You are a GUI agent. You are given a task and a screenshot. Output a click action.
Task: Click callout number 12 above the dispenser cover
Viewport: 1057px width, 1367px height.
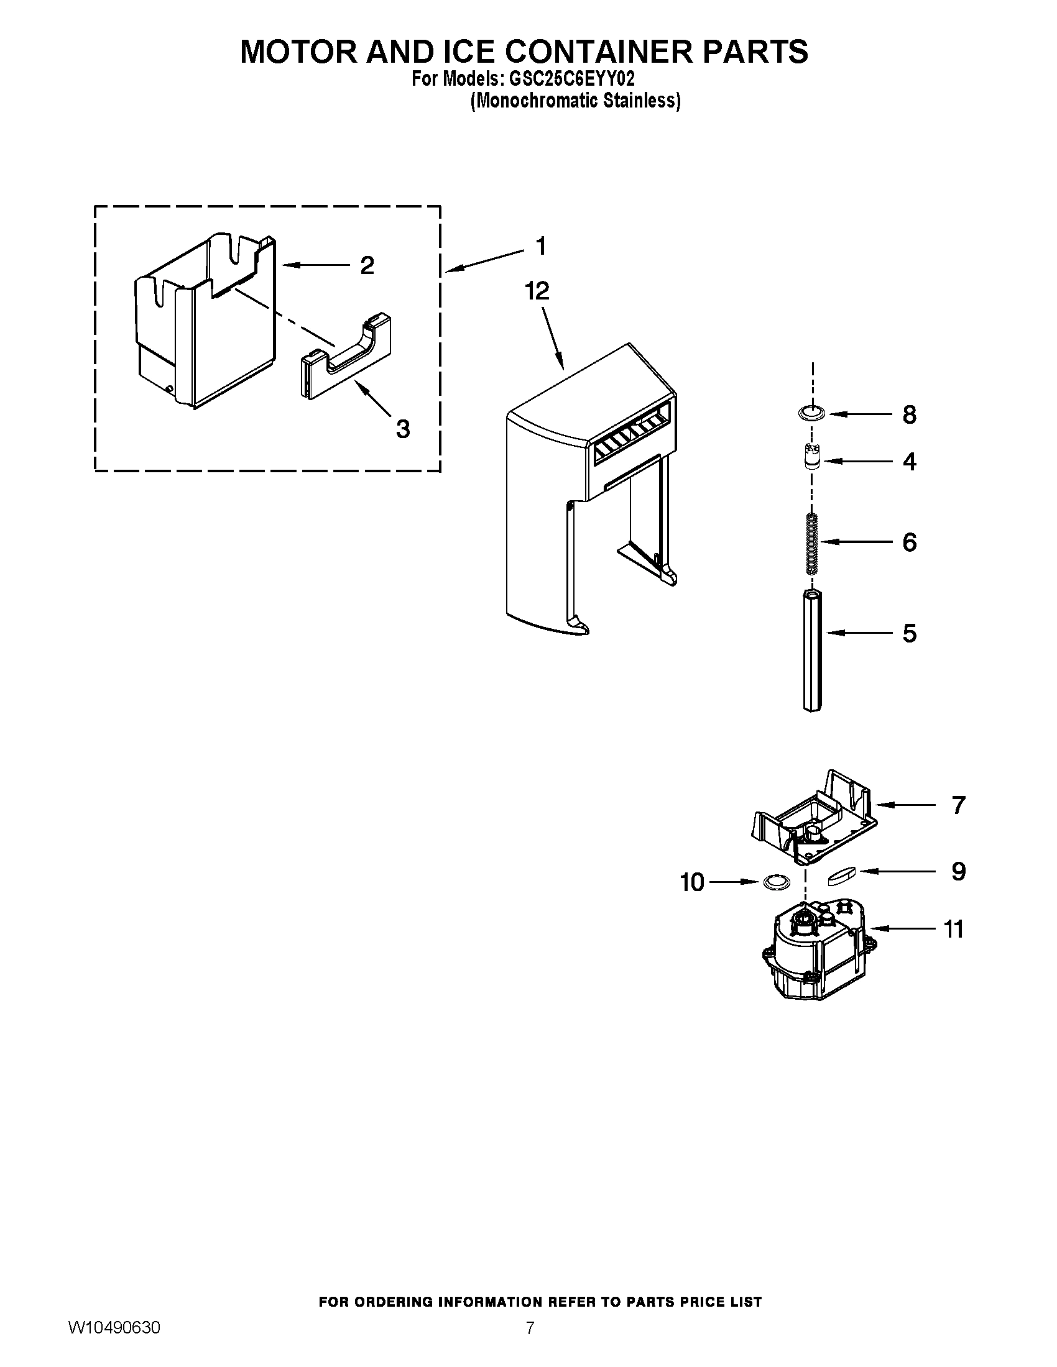point(537,291)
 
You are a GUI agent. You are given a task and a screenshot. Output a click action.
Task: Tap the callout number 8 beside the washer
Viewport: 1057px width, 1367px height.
point(909,414)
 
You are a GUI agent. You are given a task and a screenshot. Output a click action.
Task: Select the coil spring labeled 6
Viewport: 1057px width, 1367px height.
point(811,542)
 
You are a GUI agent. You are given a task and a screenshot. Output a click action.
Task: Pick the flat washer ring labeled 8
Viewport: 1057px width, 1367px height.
point(811,413)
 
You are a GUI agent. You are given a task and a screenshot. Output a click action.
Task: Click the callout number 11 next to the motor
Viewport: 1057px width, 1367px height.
point(953,929)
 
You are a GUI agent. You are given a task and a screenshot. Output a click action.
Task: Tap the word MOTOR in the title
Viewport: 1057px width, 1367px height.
point(298,52)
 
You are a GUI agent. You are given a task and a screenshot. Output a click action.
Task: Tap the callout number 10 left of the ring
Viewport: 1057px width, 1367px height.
point(692,882)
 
